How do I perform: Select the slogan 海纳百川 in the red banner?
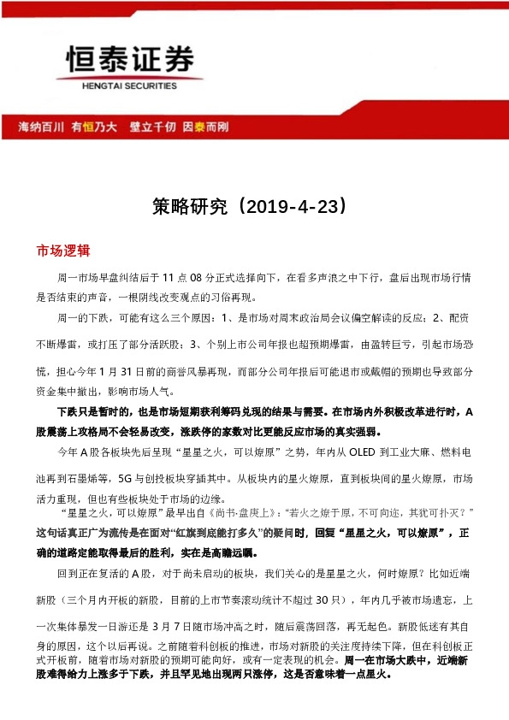(x=41, y=127)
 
